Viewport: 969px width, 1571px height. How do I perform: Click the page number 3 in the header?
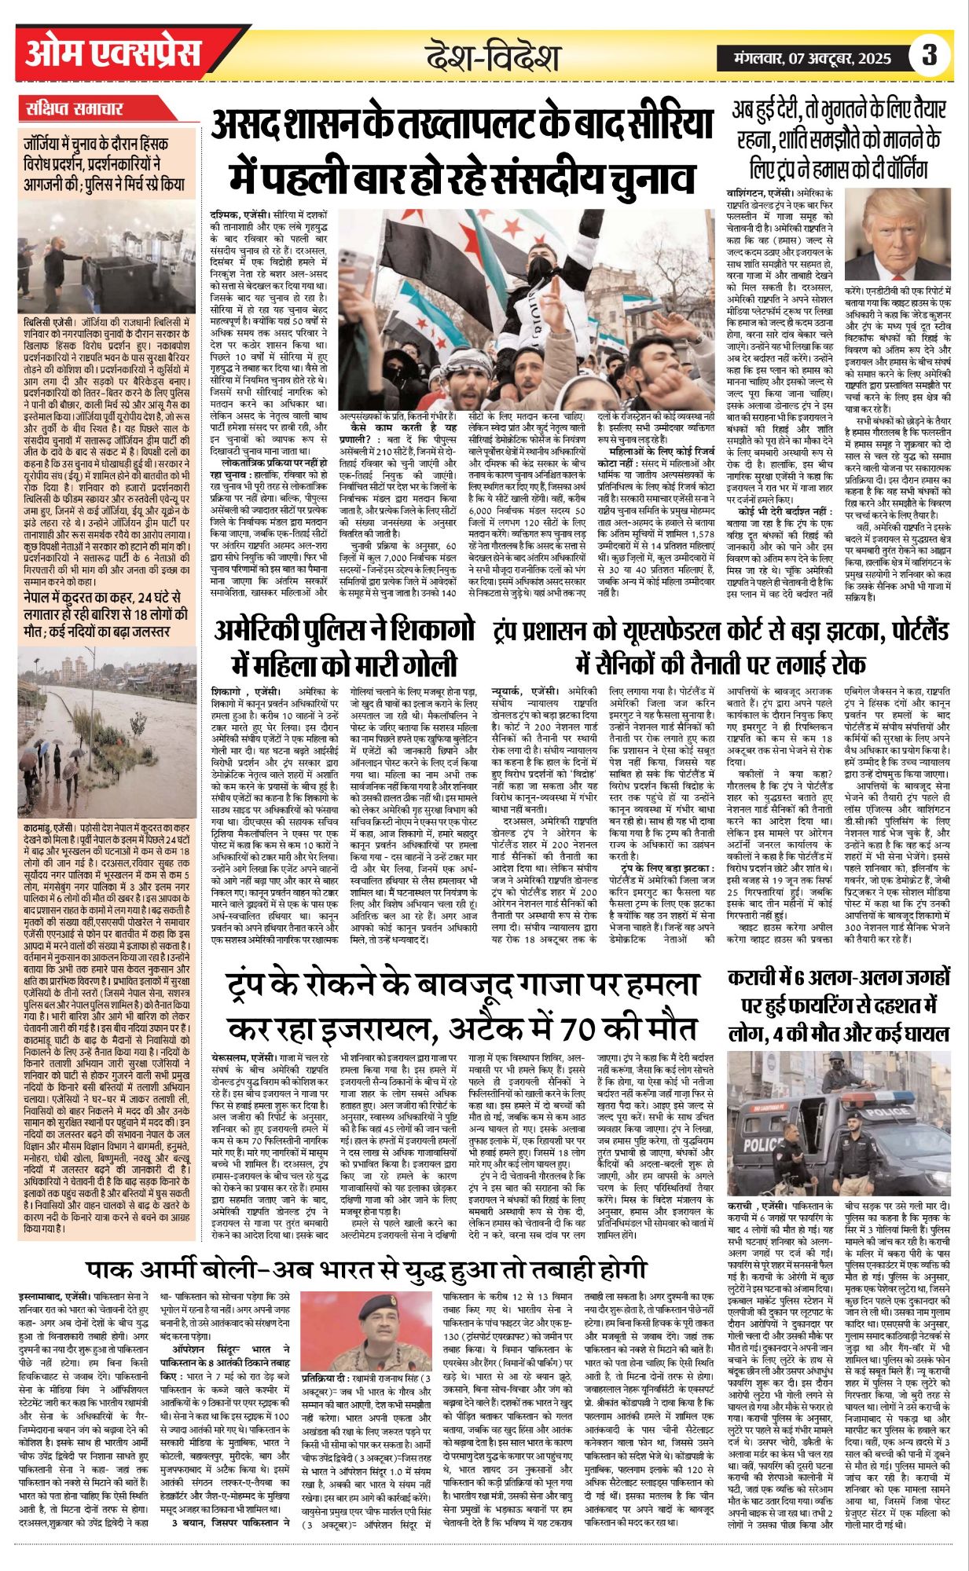click(930, 57)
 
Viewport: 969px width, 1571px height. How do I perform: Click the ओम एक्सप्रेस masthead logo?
click(113, 54)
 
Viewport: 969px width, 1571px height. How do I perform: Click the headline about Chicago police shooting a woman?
click(346, 649)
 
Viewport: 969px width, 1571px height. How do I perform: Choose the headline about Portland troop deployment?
click(721, 649)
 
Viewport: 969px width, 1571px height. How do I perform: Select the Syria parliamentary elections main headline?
click(462, 151)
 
